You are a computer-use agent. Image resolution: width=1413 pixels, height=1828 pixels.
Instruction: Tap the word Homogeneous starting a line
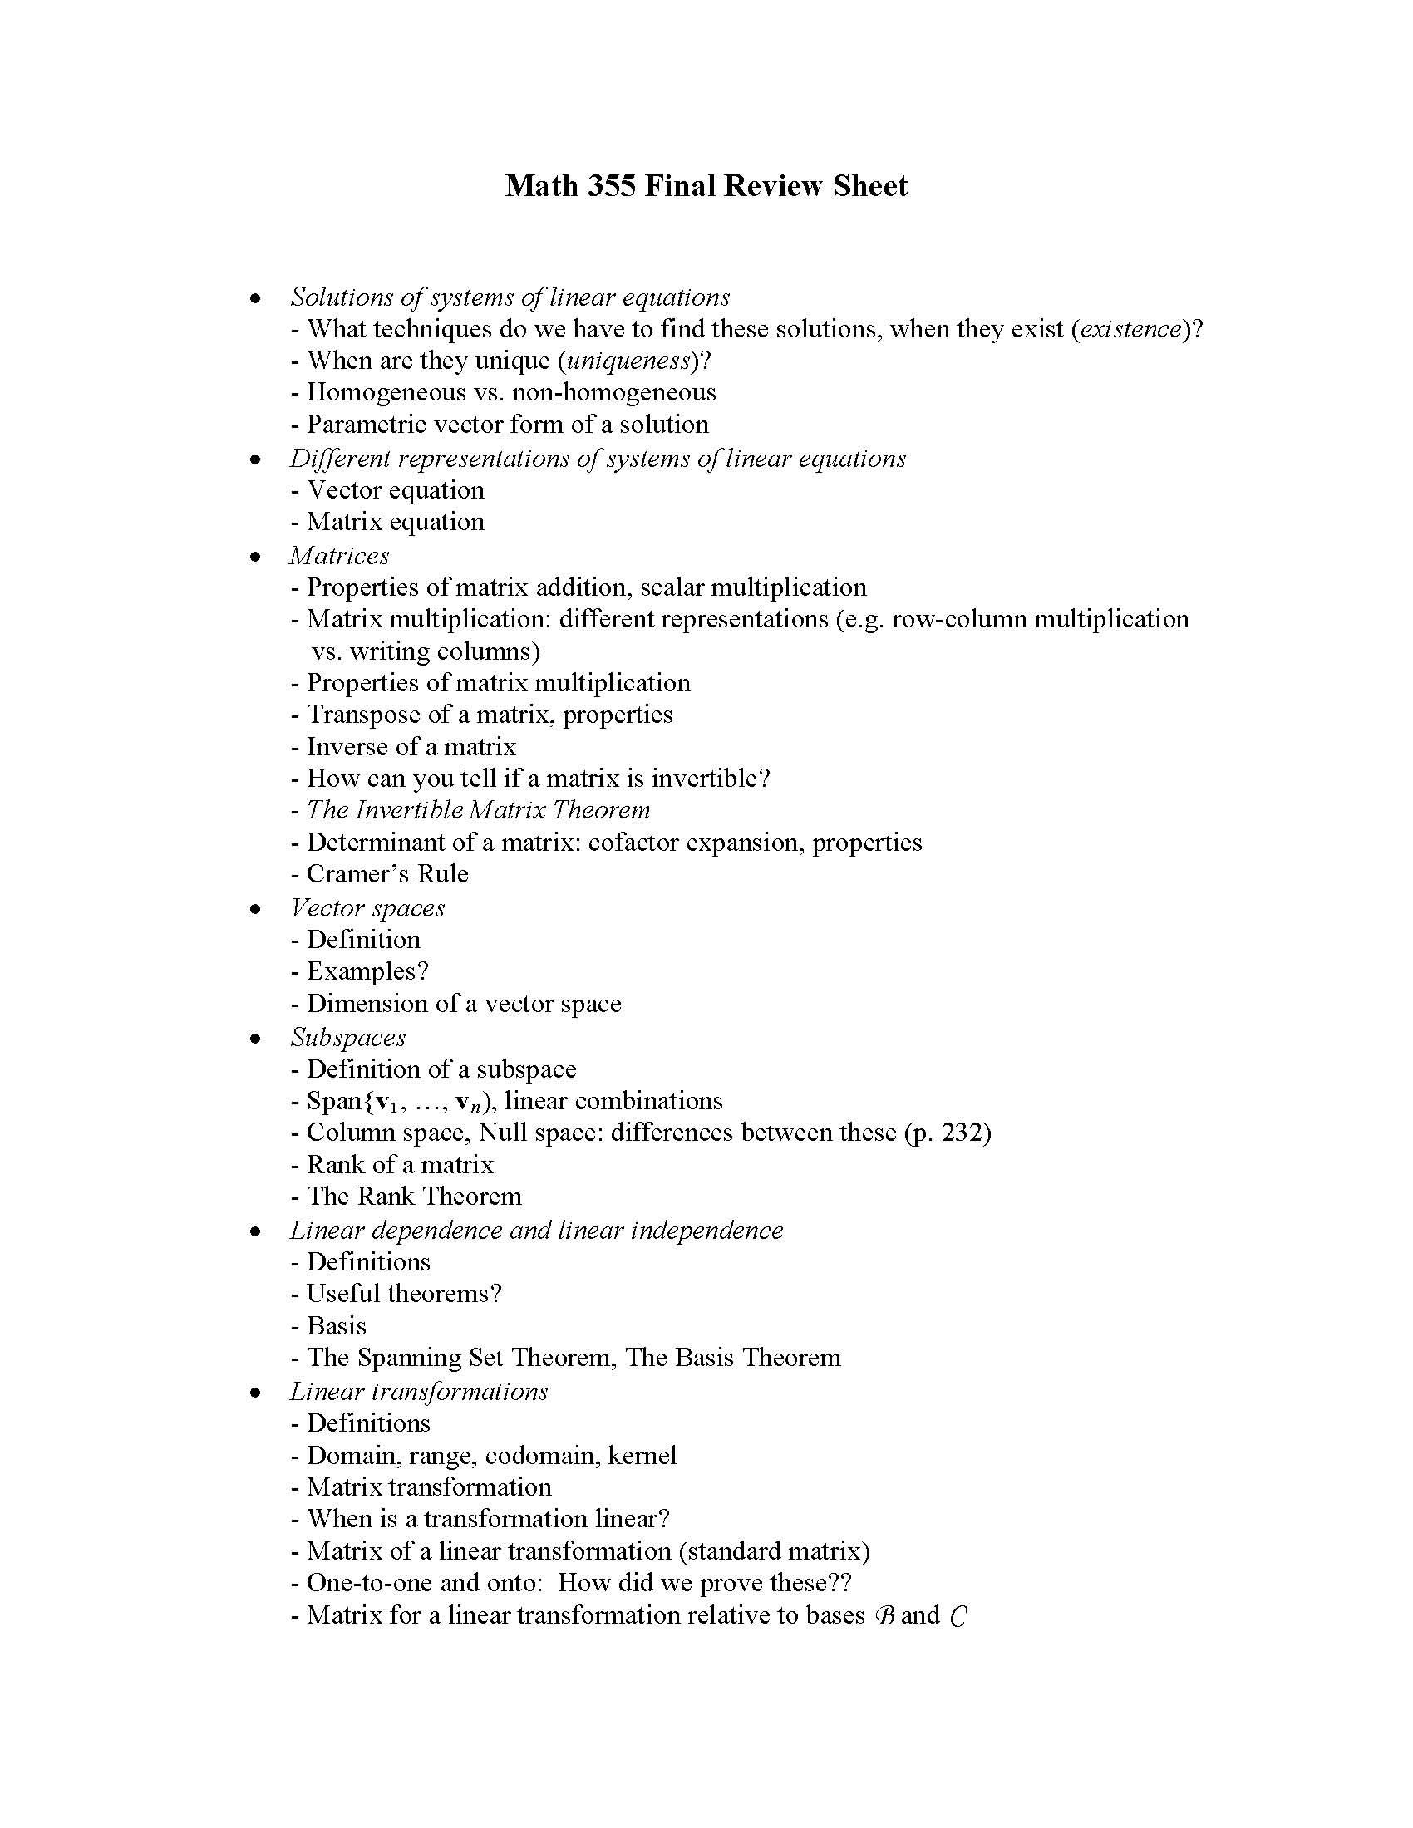(386, 392)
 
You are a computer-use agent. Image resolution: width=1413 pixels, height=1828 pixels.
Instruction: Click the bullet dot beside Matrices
(255, 557)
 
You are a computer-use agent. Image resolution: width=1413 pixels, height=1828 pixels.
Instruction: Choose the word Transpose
(370, 715)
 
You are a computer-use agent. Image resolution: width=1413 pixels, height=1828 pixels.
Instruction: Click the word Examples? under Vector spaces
(367, 972)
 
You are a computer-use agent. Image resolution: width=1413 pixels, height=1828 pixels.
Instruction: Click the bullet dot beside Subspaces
(255, 1039)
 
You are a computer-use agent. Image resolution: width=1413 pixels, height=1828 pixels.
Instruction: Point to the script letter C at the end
(958, 1615)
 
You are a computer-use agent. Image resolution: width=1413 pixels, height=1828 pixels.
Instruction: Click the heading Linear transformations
(419, 1392)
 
